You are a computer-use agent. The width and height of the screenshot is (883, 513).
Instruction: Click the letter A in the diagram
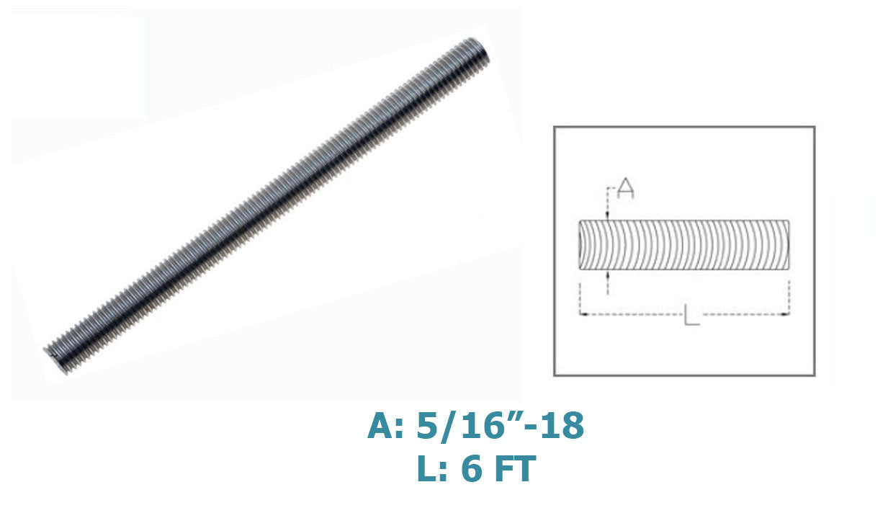[x=625, y=189]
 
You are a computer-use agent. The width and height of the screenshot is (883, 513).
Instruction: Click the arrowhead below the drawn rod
[x=608, y=275]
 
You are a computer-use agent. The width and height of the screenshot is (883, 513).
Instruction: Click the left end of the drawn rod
[x=580, y=245]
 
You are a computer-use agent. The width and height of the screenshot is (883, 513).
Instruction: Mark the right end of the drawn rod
[x=789, y=245]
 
